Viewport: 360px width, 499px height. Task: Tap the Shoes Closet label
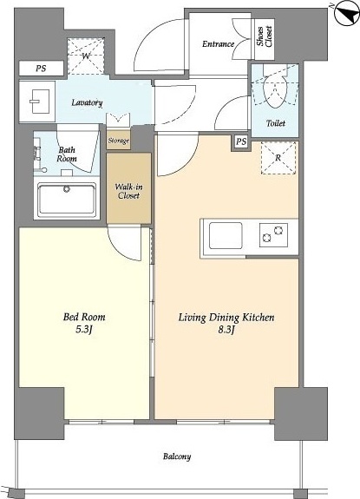265,37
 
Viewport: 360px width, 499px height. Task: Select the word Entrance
218,43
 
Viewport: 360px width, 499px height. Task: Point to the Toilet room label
275,123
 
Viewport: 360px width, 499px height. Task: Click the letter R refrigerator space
278,158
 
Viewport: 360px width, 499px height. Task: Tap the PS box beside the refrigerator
241,141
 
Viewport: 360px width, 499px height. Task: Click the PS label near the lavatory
41,69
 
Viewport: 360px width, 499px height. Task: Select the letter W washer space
86,56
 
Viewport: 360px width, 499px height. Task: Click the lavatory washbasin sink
40,102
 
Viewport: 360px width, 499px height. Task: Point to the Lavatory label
87,102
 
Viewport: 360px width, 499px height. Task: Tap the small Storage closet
118,141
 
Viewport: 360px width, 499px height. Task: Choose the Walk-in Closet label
128,191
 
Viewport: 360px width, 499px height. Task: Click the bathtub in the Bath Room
67,200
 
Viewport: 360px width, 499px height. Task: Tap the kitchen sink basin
226,236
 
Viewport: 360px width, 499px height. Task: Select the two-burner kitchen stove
274,235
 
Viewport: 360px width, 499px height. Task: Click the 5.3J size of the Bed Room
84,330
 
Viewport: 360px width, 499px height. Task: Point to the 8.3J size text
226,330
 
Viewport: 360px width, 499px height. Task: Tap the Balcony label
177,456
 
